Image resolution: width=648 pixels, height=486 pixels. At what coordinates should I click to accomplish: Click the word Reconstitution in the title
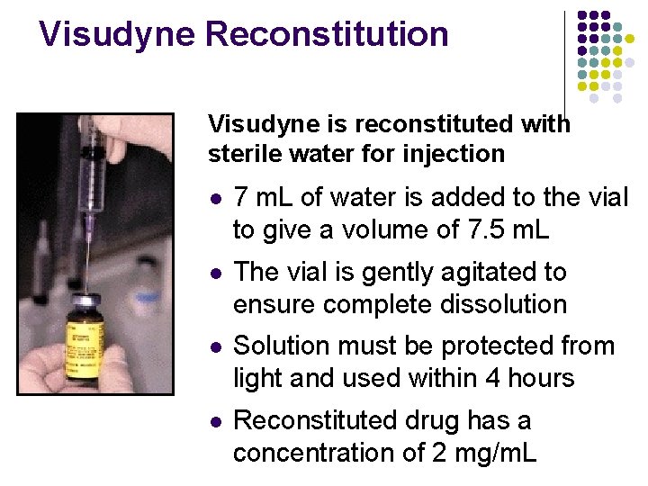(x=327, y=34)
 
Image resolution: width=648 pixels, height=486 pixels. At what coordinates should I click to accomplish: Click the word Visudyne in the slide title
(x=117, y=34)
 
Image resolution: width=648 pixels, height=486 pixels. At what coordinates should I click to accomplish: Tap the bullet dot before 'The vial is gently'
(x=213, y=273)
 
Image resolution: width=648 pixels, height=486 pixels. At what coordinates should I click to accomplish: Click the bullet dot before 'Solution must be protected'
(x=213, y=346)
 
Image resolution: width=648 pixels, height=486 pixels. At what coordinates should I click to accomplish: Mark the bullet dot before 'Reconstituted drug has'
(x=213, y=420)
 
